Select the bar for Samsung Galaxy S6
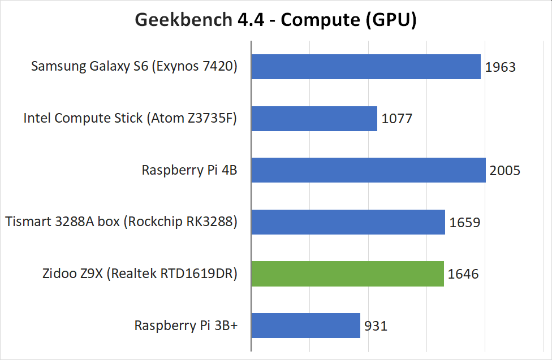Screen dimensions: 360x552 (366, 67)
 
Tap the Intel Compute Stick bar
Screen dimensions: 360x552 (314, 119)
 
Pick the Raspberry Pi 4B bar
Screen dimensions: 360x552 (369, 170)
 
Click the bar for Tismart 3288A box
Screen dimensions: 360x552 (348, 222)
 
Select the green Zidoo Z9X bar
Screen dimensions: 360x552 (348, 274)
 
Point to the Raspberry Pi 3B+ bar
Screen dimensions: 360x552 (306, 326)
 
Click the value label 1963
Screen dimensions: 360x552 (501, 67)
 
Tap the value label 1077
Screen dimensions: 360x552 (397, 119)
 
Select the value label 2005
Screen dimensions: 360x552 (505, 171)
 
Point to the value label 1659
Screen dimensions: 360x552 (465, 223)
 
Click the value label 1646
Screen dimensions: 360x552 (463, 274)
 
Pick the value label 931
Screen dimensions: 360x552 (376, 326)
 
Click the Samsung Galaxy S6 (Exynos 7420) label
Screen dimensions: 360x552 (134, 67)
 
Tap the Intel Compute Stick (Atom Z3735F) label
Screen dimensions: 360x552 (130, 119)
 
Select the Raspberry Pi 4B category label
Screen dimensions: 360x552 (189, 170)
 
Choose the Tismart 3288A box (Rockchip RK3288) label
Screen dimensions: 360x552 (121, 222)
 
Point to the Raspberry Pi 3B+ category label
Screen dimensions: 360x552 (186, 326)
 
